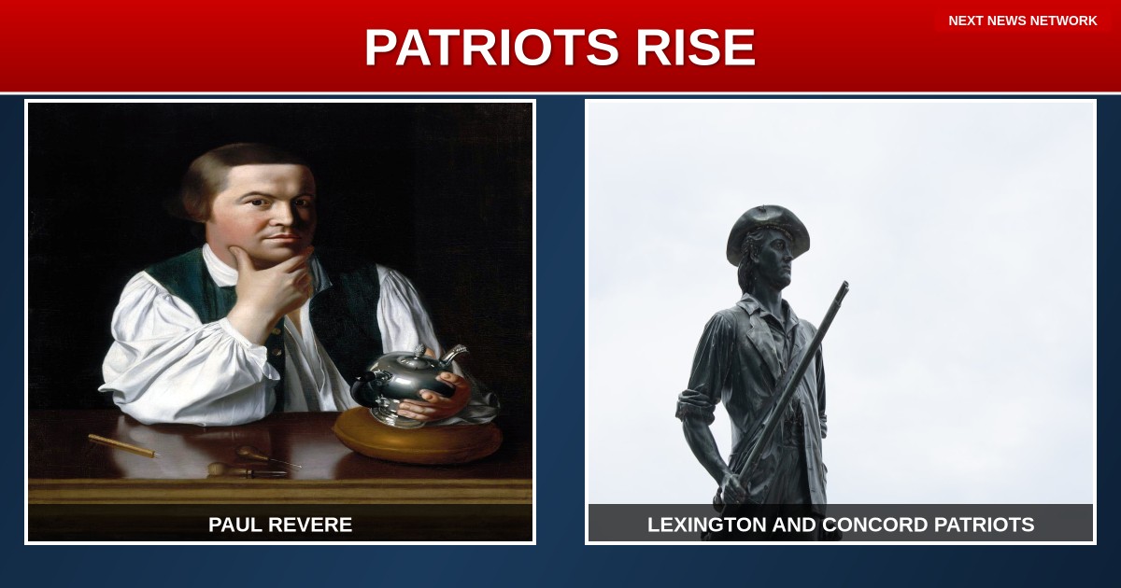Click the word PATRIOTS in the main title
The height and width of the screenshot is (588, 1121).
493,47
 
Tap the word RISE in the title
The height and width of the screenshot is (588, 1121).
696,47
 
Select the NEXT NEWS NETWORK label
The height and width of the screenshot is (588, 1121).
1022,21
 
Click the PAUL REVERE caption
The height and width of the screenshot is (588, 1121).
280,525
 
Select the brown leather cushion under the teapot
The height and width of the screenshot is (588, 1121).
418,436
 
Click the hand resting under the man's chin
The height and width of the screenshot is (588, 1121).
270,290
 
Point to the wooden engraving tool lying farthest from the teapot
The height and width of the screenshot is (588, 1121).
122,445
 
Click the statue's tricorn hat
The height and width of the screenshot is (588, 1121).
767,233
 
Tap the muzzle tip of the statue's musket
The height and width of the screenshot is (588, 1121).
844,285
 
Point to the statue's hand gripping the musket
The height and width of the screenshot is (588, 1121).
731,487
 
